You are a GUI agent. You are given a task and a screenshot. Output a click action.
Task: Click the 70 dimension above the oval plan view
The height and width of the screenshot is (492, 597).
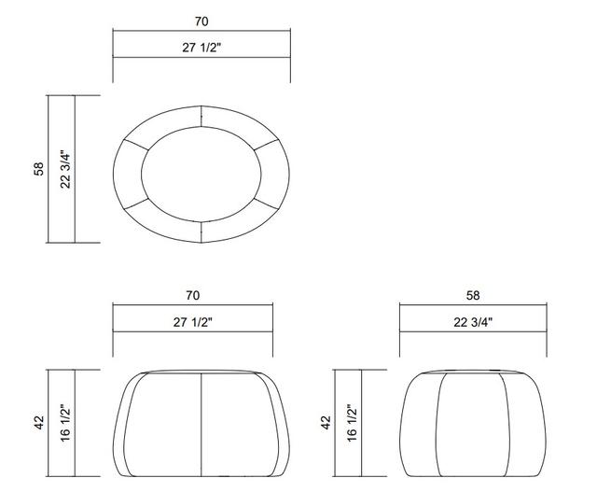pyautogui.click(x=201, y=21)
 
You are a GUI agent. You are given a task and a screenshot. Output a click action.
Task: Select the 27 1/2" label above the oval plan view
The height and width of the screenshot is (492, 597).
pyautogui.click(x=201, y=48)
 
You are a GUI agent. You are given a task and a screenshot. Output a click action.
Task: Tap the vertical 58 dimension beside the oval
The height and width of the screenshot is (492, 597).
pyautogui.click(x=39, y=169)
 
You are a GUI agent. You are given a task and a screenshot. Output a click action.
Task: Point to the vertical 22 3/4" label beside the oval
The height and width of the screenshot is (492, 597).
pyautogui.click(x=65, y=170)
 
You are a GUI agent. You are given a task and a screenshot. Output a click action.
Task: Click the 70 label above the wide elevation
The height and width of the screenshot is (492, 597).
pyautogui.click(x=193, y=295)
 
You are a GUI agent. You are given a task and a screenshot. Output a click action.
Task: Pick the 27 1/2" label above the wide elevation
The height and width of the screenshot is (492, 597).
pyautogui.click(x=193, y=322)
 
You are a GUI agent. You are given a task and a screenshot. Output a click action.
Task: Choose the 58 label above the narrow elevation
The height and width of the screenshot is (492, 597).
pyautogui.click(x=473, y=295)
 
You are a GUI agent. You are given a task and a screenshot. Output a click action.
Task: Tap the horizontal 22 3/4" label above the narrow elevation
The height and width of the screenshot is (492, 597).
pyautogui.click(x=473, y=322)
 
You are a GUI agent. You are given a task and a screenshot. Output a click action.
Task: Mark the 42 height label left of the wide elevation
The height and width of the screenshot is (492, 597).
pyautogui.click(x=39, y=422)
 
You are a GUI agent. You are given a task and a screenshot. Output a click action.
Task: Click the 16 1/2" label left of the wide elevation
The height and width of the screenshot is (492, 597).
pyautogui.click(x=65, y=424)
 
